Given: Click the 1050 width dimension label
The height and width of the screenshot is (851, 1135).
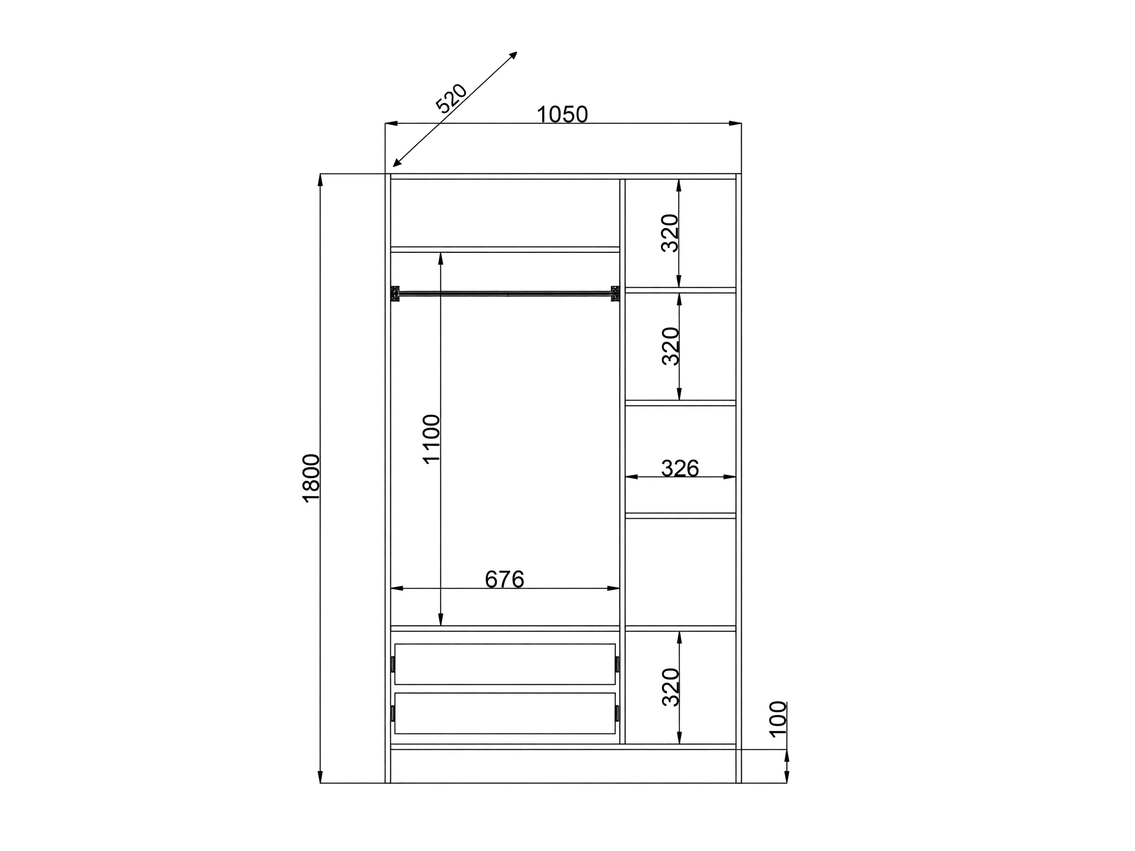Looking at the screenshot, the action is (562, 115).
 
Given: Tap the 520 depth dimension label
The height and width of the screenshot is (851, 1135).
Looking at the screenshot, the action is (451, 98).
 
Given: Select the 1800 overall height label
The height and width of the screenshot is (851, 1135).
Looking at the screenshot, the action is (312, 478).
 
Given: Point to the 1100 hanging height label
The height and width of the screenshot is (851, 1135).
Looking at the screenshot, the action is (431, 439).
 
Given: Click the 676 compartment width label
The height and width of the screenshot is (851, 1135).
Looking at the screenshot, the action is (504, 579).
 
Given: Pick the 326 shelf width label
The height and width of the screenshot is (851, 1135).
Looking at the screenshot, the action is (680, 468).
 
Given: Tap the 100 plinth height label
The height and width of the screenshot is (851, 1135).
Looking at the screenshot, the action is (778, 719).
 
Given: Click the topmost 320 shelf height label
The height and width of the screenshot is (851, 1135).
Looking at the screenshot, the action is (670, 233).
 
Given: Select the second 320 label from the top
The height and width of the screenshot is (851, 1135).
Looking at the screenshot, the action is (670, 346).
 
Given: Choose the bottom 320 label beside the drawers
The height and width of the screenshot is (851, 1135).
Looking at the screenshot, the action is (670, 687).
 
